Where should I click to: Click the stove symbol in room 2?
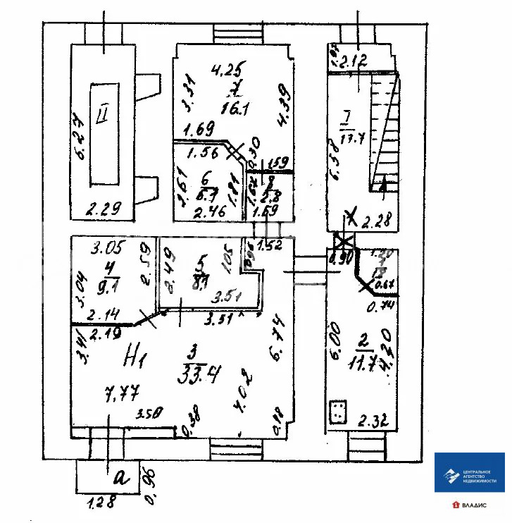pyautogui.click(x=339, y=412)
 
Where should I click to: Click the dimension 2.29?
pyautogui.click(x=104, y=208)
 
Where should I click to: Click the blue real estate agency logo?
pyautogui.click(x=469, y=473)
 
